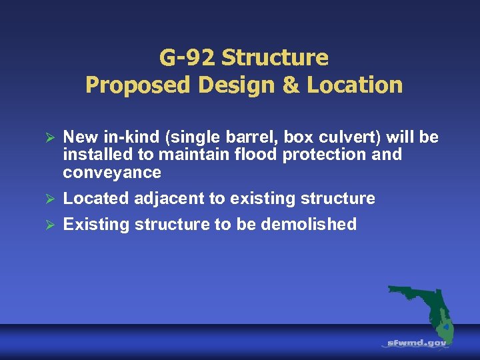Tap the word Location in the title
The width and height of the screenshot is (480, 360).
(x=363, y=85)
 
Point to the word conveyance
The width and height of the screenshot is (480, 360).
(x=112, y=173)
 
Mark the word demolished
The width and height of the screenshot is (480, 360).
(x=309, y=224)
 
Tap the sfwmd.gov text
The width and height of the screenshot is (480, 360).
(x=417, y=343)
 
